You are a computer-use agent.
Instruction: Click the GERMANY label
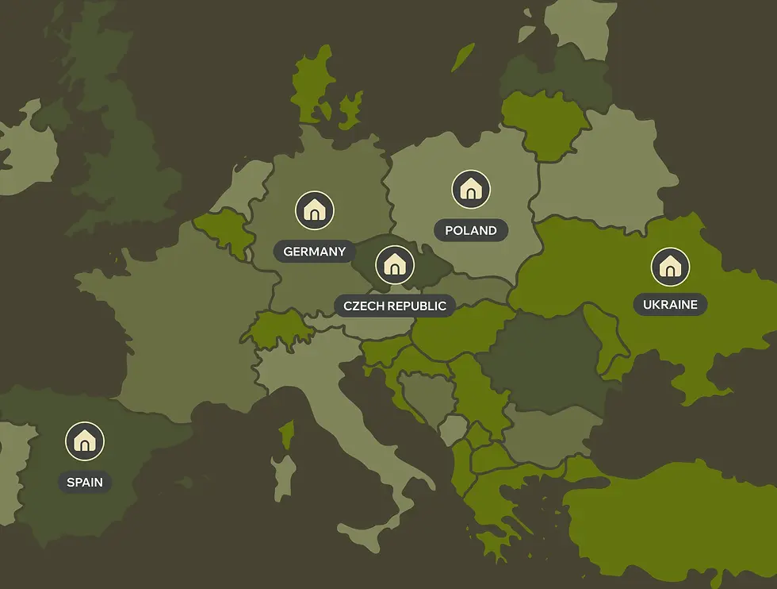[315, 252]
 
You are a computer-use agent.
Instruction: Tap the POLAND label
[471, 231]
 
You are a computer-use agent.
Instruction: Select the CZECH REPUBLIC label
[394, 306]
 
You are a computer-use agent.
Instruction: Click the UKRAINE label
[670, 304]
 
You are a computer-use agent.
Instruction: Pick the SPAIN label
[85, 482]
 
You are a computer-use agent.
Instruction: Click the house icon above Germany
[315, 210]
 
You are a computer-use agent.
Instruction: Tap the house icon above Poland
[471, 190]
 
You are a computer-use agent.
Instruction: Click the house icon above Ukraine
[670, 267]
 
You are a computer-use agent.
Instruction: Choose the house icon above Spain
[85, 441]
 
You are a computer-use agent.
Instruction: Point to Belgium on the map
[224, 230]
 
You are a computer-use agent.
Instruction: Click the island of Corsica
[288, 433]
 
